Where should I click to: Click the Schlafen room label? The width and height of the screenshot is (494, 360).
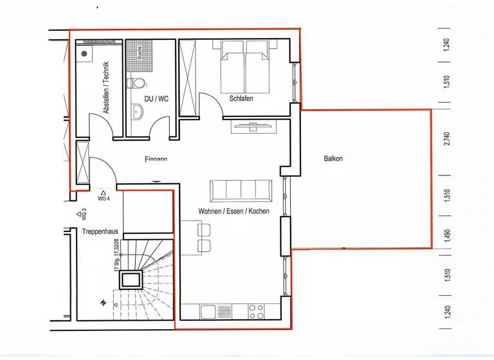pos(241,98)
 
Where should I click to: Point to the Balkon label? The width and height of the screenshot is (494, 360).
pos(333,159)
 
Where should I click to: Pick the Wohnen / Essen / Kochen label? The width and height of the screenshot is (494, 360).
pos(233,211)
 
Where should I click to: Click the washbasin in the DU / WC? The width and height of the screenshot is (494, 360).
pos(137,112)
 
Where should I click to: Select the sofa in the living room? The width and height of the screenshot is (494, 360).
pos(241,190)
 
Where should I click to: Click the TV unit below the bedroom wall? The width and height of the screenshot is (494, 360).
pos(253,125)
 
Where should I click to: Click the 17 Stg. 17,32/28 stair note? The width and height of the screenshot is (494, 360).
pos(117,255)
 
